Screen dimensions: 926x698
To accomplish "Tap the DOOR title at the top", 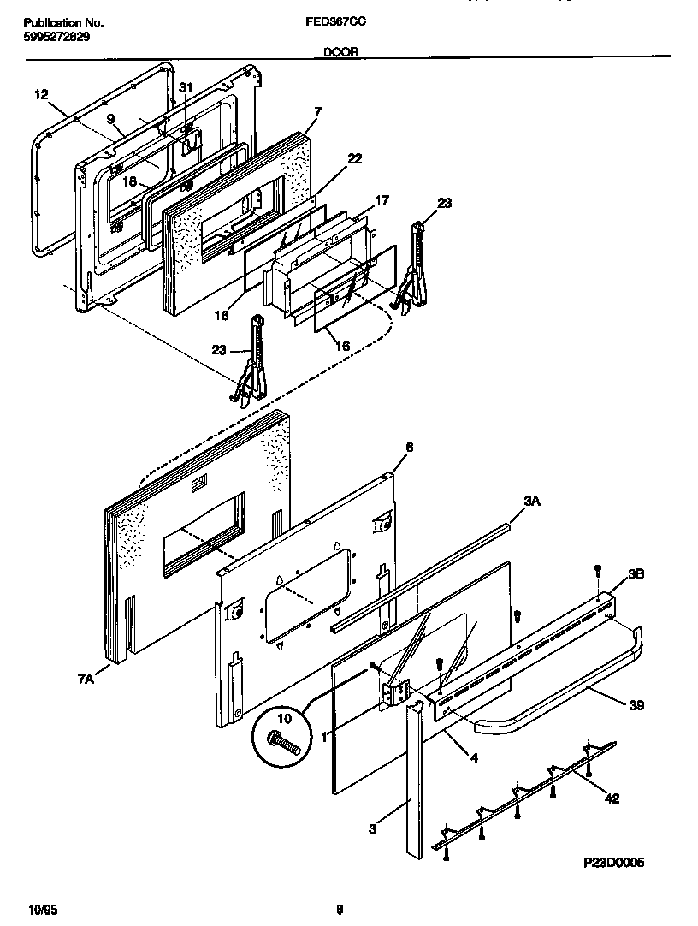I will tap(340, 52).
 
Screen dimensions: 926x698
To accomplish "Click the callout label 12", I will tap(41, 94).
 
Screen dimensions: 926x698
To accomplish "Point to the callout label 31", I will tap(186, 86).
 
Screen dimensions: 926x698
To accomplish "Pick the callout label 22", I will tap(354, 158).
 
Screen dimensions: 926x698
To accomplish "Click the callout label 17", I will tap(382, 200).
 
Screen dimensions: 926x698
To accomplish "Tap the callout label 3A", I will tap(532, 502).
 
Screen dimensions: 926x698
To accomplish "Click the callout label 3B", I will tap(636, 575).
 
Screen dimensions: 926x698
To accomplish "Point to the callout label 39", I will tap(636, 706).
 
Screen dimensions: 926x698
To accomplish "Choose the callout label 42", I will tap(612, 798).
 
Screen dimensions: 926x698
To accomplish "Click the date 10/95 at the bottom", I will tap(43, 909).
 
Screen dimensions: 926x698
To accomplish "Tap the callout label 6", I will tap(409, 447).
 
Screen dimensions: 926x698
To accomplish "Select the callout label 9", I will tap(109, 121).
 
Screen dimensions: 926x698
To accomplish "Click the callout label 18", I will tap(129, 181).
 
